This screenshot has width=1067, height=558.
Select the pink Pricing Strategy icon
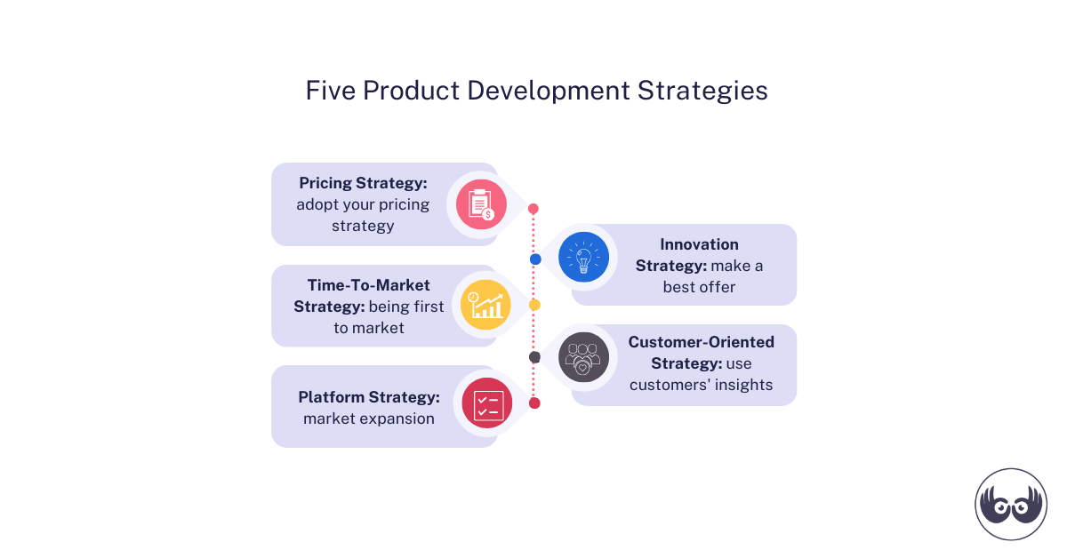(481, 204)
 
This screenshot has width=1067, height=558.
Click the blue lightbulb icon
(583, 258)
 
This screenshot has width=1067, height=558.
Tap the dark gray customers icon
(583, 357)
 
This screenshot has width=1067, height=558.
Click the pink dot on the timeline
(533, 209)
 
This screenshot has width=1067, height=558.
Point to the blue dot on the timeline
(535, 259)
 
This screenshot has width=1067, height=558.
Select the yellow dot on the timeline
(534, 305)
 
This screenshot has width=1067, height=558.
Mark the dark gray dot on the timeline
(534, 357)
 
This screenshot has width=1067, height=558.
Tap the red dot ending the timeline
(534, 403)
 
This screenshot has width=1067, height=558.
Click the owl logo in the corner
(1011, 504)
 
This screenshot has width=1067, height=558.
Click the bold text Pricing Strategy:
(363, 183)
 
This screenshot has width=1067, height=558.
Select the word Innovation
(699, 243)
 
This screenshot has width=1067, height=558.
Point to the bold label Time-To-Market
(368, 285)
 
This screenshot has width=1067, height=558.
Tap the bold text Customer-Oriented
(701, 342)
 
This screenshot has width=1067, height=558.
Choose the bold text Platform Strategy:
(368, 397)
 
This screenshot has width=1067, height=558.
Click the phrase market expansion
(368, 418)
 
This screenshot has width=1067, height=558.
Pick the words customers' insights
(701, 385)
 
